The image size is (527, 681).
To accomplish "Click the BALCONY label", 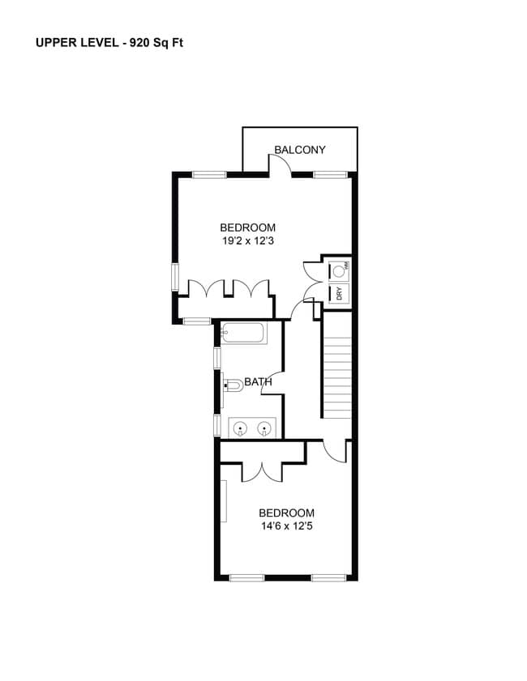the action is click(300, 150).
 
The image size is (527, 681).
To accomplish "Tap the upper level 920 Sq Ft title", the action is click(109, 43).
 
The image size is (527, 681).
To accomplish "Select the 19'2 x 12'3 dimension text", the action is click(248, 240).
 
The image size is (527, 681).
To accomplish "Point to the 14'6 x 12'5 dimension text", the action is click(287, 526).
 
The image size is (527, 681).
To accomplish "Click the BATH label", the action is click(258, 382).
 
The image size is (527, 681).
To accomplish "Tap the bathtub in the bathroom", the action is click(243, 334).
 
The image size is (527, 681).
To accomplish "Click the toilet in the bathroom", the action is click(234, 385).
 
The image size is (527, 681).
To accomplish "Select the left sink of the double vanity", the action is click(239, 429).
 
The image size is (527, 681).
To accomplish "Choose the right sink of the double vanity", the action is click(263, 429).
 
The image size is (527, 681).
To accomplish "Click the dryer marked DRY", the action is click(339, 293).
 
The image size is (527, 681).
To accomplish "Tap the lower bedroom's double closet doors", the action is click(262, 473).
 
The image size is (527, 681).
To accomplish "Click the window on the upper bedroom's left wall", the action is click(175, 277).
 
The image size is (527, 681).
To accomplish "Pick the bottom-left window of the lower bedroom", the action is click(247, 577).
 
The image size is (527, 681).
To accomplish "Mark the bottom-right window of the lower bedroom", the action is click(328, 577).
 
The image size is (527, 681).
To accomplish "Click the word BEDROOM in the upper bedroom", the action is click(248, 228).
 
